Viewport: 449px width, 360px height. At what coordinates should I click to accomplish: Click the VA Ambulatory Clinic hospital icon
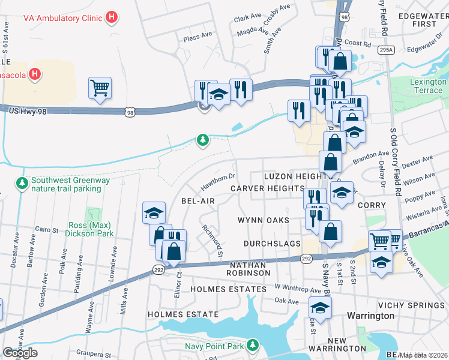coord(110,17)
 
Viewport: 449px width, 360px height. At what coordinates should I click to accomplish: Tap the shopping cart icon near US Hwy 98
coord(100,88)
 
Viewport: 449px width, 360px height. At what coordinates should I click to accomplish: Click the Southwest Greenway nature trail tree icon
coord(22,182)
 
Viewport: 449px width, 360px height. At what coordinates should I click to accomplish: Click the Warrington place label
coord(371,316)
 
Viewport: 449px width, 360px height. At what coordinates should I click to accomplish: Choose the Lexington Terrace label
coord(427,86)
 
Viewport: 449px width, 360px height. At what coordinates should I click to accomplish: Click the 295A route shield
coord(387,50)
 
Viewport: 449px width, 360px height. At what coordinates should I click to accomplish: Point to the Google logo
coord(20,353)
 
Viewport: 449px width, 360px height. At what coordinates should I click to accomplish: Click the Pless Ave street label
coord(198,36)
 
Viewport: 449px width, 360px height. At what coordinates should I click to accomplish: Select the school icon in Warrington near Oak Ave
coord(321,308)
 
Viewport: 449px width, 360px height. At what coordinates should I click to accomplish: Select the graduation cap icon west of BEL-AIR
coord(154,212)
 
